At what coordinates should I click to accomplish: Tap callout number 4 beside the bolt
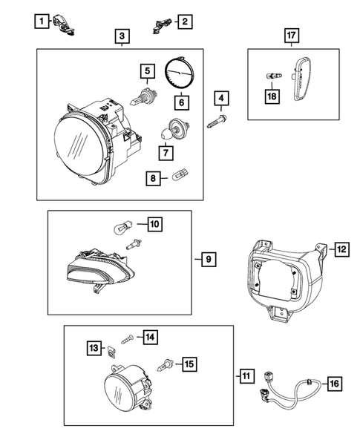[220, 97]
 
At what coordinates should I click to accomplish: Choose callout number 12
[341, 249]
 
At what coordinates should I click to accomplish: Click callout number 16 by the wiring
[333, 384]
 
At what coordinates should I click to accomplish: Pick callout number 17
[293, 35]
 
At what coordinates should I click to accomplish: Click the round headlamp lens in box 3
[79, 144]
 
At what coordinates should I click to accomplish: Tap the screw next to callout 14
[127, 338]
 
